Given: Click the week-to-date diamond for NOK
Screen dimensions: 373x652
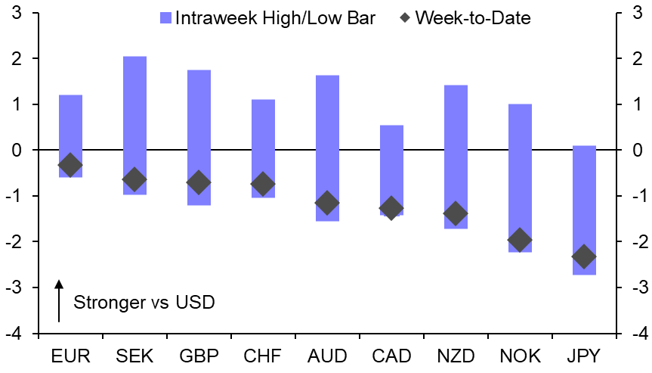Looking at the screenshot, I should click(x=520, y=240).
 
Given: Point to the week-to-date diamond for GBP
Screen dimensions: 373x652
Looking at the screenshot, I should click(x=199, y=182).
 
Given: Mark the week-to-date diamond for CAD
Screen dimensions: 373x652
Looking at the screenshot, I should click(x=391, y=208).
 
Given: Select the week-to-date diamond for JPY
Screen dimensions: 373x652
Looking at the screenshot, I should click(x=584, y=257).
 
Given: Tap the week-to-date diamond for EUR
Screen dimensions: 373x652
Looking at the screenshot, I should click(x=70, y=165).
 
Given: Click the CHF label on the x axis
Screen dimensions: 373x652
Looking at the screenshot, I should click(x=263, y=356).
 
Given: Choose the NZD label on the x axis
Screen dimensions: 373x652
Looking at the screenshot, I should click(x=456, y=356).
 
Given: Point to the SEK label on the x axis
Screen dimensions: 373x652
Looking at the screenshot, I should click(x=134, y=356).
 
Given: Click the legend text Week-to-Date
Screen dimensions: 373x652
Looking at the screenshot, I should click(x=473, y=18).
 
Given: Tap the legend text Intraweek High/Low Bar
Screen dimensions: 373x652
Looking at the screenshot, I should click(x=275, y=18).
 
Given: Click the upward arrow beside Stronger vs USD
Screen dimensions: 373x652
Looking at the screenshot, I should click(x=58, y=301).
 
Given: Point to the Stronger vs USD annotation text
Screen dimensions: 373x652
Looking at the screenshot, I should click(x=144, y=303).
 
